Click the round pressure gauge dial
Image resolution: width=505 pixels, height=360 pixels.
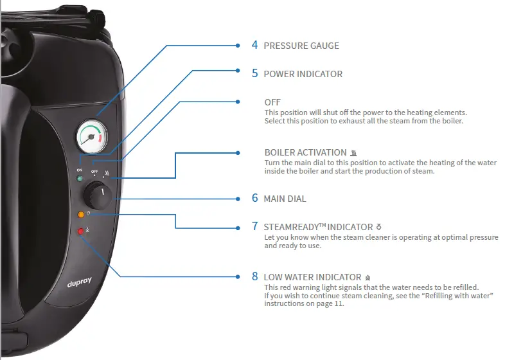[x=93, y=136]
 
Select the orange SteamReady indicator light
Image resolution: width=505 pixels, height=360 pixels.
[x=80, y=214]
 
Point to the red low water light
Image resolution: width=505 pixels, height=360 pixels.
[x=81, y=231]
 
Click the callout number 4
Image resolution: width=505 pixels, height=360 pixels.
[x=254, y=46]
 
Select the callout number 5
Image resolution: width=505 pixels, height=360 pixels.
[x=254, y=73]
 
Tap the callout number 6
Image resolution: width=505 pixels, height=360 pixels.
[x=254, y=199]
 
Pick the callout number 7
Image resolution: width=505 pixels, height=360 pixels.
[x=254, y=226]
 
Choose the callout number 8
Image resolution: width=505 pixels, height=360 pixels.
[x=254, y=276]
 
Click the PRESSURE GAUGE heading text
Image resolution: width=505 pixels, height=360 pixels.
[x=301, y=46]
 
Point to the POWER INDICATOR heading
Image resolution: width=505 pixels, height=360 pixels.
[x=303, y=74]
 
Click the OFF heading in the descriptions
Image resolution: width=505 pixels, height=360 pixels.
[x=272, y=102]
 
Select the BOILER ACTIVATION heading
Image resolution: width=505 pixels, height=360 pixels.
[x=305, y=153]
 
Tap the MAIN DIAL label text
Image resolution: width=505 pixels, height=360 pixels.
[x=285, y=199]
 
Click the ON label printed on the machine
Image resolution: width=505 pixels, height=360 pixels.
[x=80, y=170]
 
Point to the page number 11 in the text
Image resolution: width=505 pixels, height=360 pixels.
[x=339, y=303]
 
